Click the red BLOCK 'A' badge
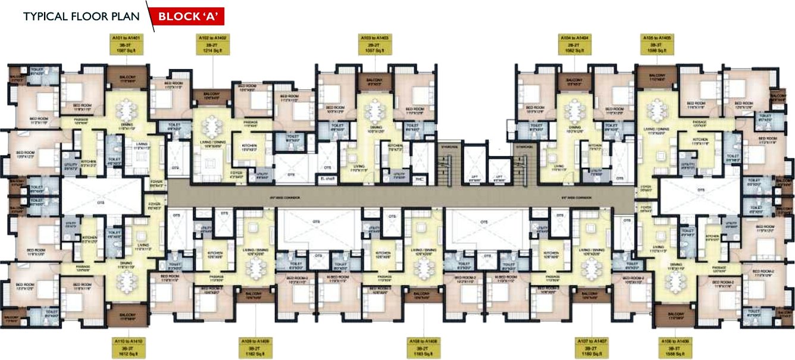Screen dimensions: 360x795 pos(186,16)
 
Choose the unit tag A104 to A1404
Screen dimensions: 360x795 pos(574,44)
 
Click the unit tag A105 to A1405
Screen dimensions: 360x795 pos(656,44)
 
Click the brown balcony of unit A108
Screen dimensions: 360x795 pos(422,295)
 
